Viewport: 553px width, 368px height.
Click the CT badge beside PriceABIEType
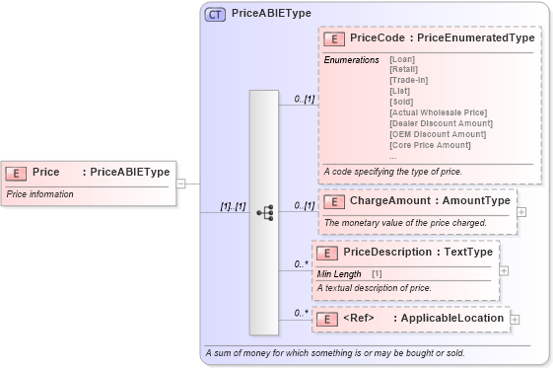pos(214,14)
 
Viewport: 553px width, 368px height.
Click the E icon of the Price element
pos(16,172)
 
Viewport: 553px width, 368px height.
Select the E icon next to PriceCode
pos(334,38)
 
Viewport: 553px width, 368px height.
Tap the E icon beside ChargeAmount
pos(334,201)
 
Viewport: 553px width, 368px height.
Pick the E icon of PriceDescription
pos(327,253)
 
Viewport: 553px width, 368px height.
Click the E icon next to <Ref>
pos(327,319)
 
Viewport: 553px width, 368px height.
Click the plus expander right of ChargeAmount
pos(521,212)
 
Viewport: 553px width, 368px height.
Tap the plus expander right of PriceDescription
pos(504,270)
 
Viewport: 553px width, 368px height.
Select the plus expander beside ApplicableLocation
pos(515,319)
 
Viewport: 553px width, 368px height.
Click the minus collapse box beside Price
pos(181,184)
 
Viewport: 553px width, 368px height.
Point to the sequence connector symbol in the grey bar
pos(264,212)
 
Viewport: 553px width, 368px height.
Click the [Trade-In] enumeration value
pos(408,80)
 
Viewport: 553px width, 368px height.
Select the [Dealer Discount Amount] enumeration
pos(441,123)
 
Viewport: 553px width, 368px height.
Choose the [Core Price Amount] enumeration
pos(430,145)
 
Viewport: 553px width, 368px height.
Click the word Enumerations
pos(351,60)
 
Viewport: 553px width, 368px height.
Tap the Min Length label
pos(339,272)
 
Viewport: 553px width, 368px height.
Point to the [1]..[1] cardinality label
pos(233,205)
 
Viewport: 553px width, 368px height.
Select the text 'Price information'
pos(40,194)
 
